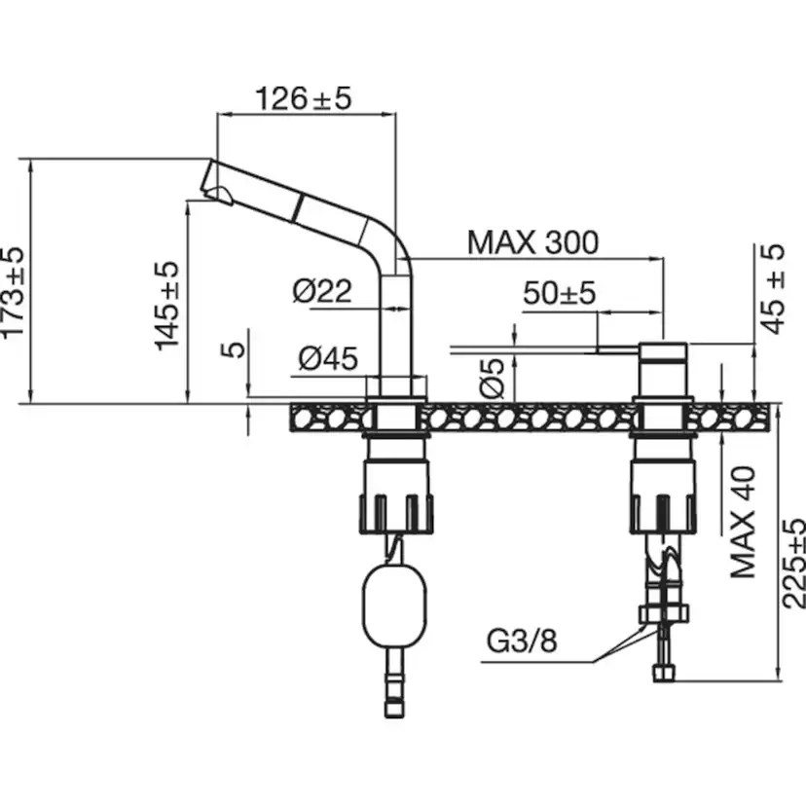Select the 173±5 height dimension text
click(13, 292)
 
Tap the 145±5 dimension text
click(167, 305)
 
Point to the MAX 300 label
click(532, 241)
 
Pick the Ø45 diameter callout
click(328, 359)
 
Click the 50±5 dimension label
click(559, 293)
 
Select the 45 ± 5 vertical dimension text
click(774, 289)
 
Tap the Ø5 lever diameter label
click(493, 378)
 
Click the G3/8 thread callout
click(523, 642)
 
